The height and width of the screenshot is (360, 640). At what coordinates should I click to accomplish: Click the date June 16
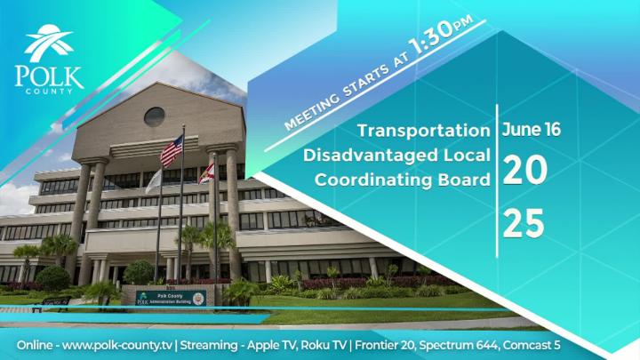531,129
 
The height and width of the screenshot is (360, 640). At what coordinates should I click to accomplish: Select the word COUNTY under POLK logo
50,92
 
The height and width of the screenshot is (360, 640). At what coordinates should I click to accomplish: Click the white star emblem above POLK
49,44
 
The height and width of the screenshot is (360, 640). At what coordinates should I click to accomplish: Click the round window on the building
154,116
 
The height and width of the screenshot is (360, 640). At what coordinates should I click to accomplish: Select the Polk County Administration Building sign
171,297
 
